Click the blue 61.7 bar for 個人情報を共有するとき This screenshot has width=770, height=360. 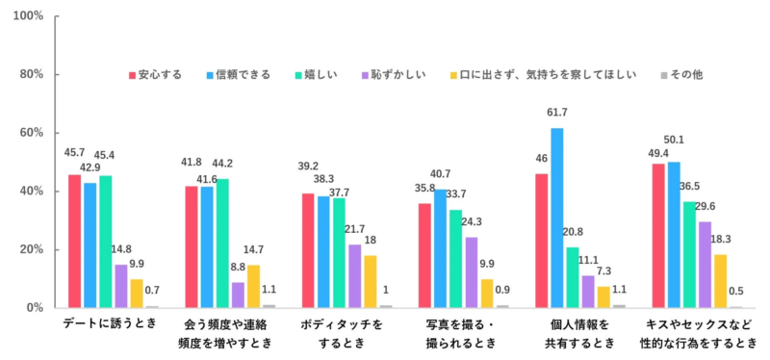coord(556,218)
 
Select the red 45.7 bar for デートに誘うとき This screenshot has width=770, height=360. coord(74,241)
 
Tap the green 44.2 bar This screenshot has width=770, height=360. coord(222,243)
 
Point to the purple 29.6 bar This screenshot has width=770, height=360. coord(705,264)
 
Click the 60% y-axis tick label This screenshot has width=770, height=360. coord(31,133)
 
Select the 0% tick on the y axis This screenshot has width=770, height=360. coord(34,308)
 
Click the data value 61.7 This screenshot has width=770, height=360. coord(556,115)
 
